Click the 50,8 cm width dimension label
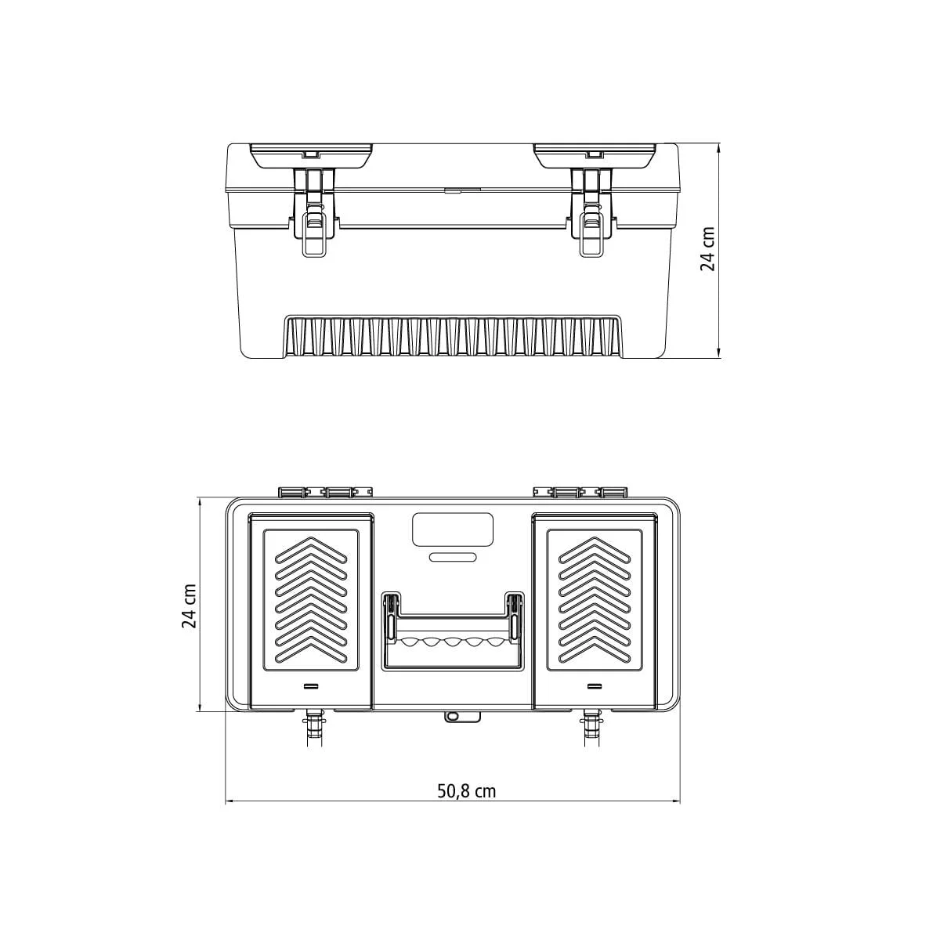(466, 790)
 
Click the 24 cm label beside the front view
(707, 249)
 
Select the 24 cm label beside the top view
(189, 606)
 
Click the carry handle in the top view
(452, 631)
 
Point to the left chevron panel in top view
(311, 600)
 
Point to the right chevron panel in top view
(594, 600)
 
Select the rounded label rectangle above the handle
(453, 530)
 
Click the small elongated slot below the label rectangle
(453, 558)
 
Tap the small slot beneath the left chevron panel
(311, 686)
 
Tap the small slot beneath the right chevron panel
(594, 686)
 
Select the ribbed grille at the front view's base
(453, 337)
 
